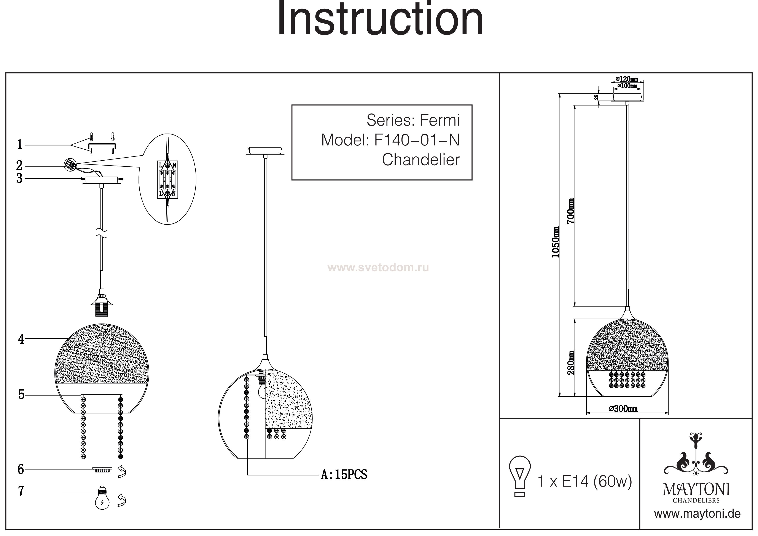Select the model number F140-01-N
tap(417, 140)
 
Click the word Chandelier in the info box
tap(421, 160)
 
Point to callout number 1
tap(20, 145)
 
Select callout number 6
tap(21, 469)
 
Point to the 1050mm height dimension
tap(556, 242)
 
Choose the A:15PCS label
tap(344, 475)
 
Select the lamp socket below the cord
tap(101, 304)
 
